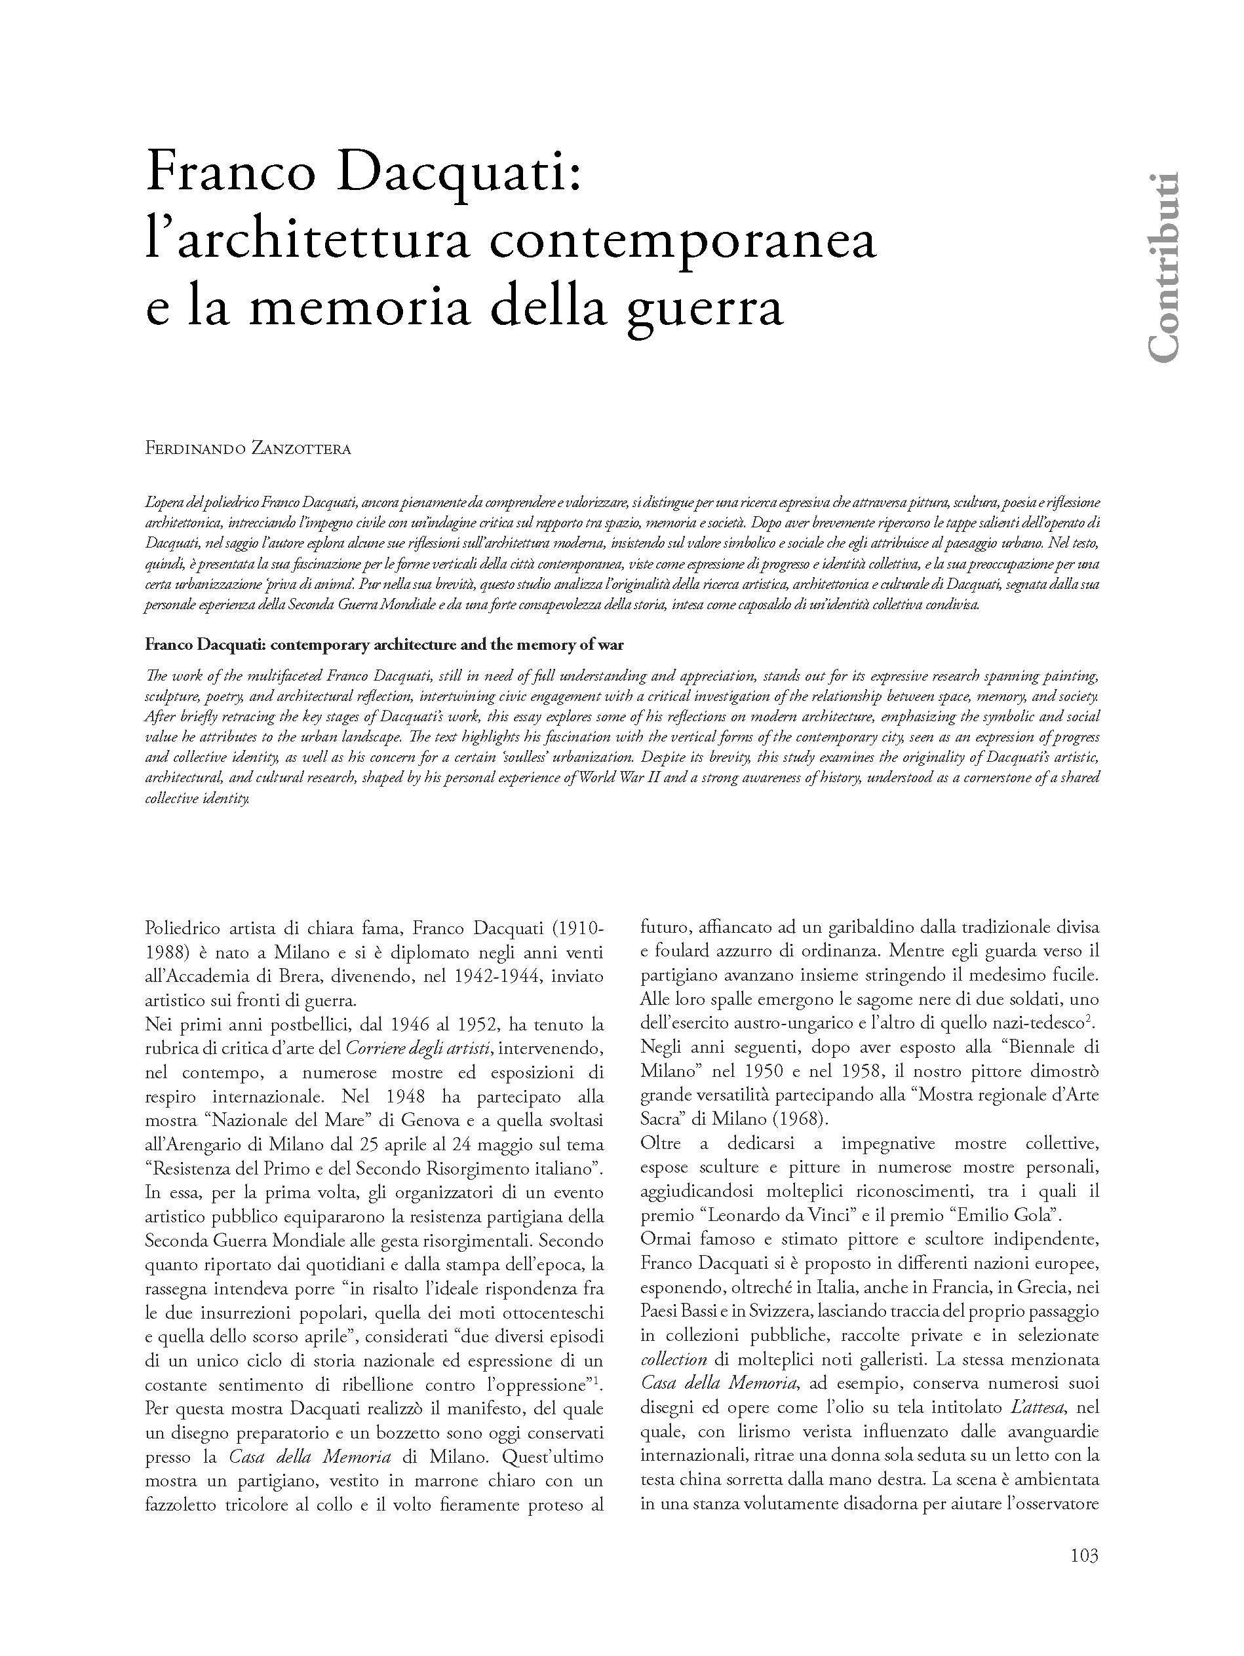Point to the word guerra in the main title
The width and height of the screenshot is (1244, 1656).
(x=705, y=309)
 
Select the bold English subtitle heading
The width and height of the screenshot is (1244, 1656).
(x=383, y=645)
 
